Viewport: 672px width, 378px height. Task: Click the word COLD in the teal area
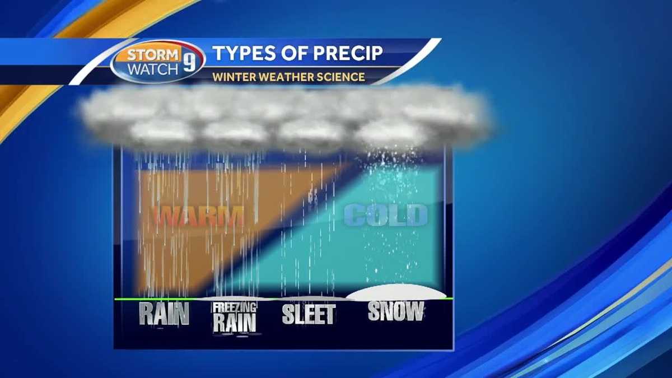(x=385, y=215)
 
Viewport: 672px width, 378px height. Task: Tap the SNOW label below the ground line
(x=395, y=311)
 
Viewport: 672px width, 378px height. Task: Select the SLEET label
(x=309, y=315)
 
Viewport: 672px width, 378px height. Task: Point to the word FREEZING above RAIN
(x=235, y=308)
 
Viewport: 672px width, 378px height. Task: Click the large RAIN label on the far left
(x=164, y=314)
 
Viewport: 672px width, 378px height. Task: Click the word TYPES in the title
(x=244, y=54)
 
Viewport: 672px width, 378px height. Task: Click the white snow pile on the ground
(x=395, y=292)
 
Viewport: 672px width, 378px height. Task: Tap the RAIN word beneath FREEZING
(x=234, y=323)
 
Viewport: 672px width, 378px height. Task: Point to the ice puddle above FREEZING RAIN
(x=235, y=298)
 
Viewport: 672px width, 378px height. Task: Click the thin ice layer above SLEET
(x=309, y=298)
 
